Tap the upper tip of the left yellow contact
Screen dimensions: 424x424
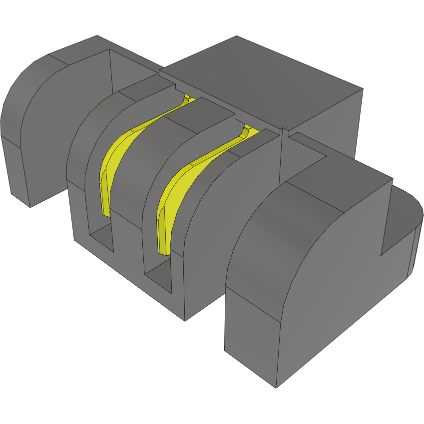(188, 99)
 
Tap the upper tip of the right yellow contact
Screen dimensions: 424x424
(247, 130)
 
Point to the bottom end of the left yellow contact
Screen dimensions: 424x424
(105, 210)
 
